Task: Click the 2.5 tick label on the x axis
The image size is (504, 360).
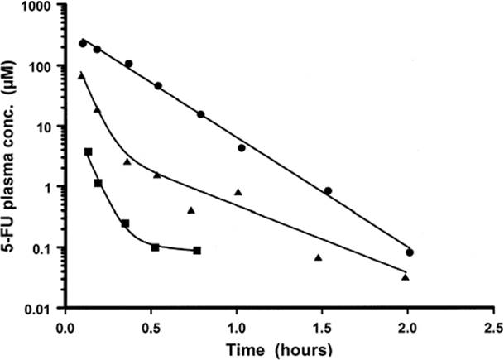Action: [494, 329]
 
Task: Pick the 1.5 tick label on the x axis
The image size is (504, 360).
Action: [322, 329]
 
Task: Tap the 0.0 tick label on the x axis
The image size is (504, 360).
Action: [65, 329]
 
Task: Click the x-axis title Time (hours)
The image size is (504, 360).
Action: [279, 350]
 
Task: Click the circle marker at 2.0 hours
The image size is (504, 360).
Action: [410, 252]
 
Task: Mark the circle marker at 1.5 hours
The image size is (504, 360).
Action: [328, 191]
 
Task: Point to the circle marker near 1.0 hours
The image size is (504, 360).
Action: [242, 148]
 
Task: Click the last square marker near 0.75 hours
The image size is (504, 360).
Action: [197, 251]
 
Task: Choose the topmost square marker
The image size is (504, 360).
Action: [88, 151]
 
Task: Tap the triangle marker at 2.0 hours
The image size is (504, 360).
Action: [406, 277]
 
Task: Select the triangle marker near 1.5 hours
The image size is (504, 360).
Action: [319, 257]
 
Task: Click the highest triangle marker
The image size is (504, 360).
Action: [81, 76]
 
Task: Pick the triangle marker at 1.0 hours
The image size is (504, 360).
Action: [238, 192]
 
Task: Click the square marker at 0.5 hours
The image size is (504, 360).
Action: [156, 247]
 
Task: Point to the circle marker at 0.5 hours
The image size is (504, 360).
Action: [158, 86]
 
